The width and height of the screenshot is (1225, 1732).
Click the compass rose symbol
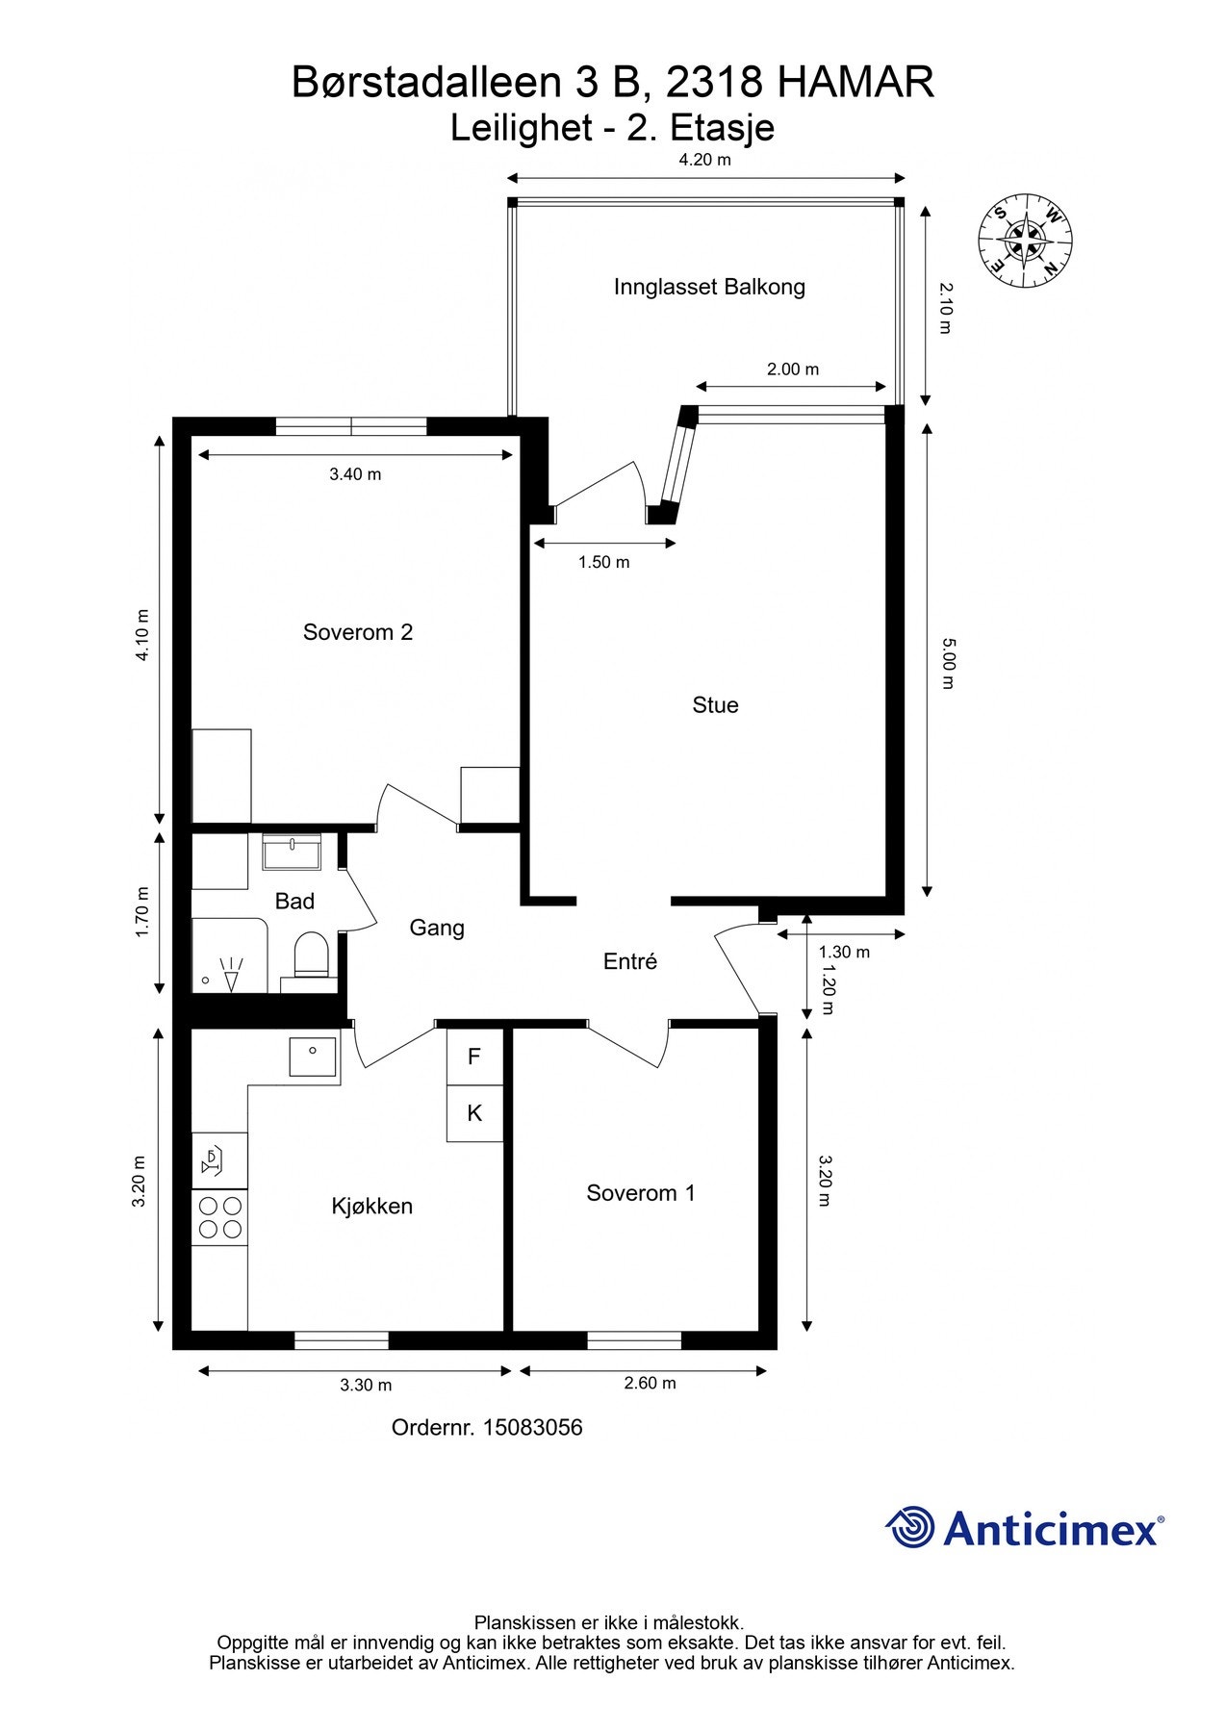(x=1026, y=240)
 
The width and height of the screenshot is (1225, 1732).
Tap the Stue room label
(x=715, y=705)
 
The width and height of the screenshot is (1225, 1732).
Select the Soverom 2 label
(x=358, y=632)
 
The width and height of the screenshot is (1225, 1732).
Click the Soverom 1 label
(x=641, y=1193)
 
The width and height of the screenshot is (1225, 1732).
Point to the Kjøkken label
(x=371, y=1207)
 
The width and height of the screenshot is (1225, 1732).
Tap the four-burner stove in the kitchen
(x=219, y=1217)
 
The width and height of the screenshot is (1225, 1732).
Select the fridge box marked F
(x=474, y=1057)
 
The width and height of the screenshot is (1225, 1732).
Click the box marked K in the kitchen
(x=474, y=1114)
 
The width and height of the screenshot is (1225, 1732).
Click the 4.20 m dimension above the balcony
(x=705, y=160)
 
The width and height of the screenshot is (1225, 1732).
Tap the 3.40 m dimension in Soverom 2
(x=355, y=473)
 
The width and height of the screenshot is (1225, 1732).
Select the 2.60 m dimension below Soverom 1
(x=650, y=1384)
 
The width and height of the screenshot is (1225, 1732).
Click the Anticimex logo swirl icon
(x=910, y=1528)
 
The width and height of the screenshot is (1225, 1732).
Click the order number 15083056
(x=532, y=1427)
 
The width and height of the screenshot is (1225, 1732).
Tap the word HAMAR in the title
(x=855, y=83)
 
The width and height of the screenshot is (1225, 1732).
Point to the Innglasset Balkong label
(x=709, y=287)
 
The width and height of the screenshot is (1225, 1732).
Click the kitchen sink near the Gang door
(x=314, y=1057)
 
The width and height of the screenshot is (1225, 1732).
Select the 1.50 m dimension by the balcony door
(x=603, y=562)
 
